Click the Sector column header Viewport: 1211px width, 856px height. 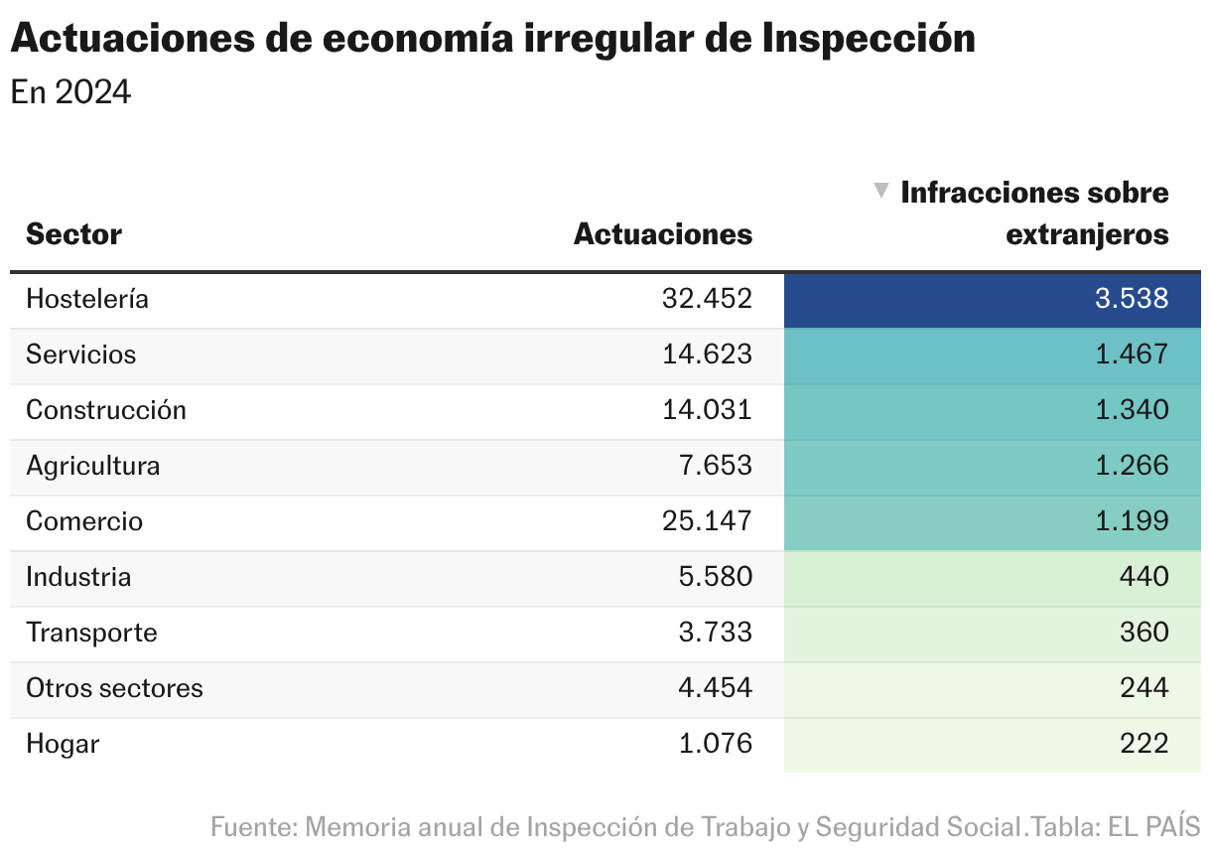(73, 234)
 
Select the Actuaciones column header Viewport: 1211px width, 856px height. (663, 234)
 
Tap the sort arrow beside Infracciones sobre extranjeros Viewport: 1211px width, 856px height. (879, 191)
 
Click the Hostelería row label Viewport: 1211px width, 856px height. (87, 299)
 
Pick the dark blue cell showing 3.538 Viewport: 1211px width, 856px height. (993, 300)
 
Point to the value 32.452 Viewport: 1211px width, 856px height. (707, 299)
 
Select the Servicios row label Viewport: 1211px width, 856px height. (81, 355)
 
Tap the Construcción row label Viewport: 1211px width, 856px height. (106, 410)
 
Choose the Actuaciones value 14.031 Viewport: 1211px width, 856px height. (707, 410)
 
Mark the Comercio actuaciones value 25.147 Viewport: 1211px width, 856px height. (707, 521)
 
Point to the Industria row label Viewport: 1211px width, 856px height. (78, 577)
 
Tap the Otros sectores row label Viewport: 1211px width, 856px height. (114, 688)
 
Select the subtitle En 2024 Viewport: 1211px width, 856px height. (70, 92)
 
